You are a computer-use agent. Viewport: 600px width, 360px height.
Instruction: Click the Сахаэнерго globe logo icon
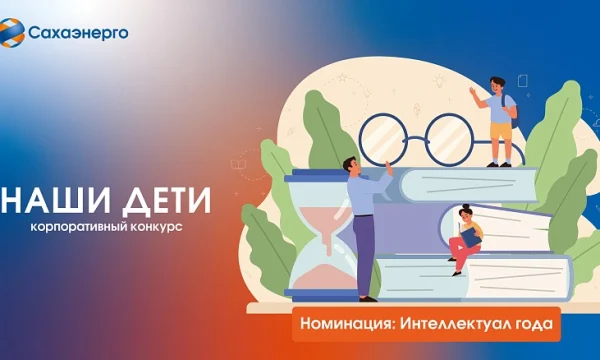[11, 33]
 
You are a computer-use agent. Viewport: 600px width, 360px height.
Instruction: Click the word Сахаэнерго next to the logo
[78, 33]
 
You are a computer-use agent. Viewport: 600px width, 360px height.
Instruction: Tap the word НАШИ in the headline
[55, 200]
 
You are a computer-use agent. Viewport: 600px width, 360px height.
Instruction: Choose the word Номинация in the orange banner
[347, 324]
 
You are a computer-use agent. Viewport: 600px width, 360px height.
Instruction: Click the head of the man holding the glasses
[351, 166]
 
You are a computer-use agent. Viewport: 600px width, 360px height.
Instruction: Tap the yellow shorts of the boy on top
[501, 131]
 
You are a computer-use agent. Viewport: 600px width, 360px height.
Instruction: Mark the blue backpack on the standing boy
[512, 111]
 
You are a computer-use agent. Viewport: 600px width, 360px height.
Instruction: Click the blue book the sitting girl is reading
[471, 237]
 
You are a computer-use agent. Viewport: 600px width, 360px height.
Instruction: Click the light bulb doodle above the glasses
[439, 81]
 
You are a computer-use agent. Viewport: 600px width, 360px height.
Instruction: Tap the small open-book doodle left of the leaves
[238, 165]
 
